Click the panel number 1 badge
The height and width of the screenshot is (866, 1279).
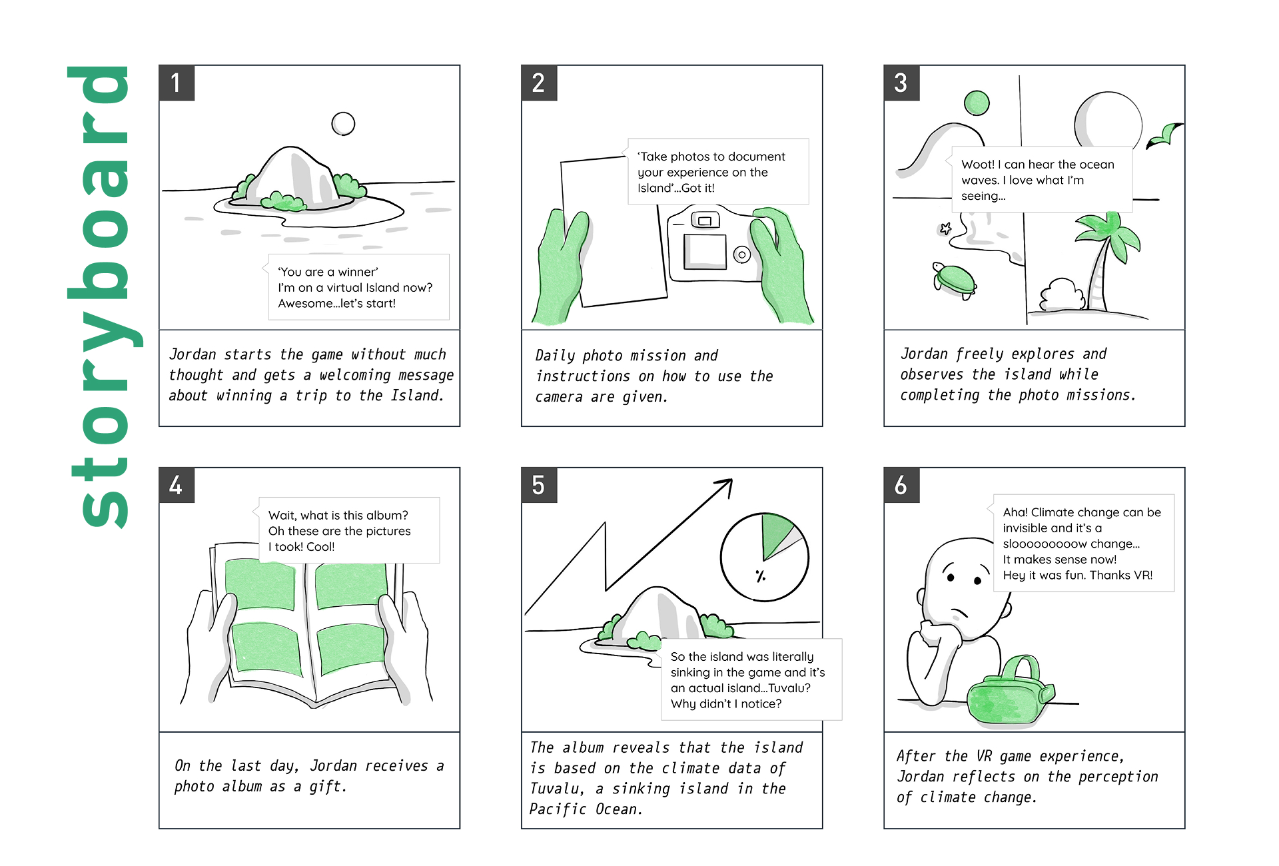pos(177,83)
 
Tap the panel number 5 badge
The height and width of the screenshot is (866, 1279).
pos(539,485)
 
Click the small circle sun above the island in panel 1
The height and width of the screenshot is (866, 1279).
pos(343,123)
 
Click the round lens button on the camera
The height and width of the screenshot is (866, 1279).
pos(741,254)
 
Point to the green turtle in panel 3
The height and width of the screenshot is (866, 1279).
pos(954,280)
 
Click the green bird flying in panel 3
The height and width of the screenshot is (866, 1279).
pos(1164,135)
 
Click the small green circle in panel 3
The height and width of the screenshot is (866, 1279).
pos(977,103)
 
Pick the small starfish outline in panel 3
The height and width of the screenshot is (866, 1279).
pos(945,229)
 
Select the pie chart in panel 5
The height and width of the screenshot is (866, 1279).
pos(764,556)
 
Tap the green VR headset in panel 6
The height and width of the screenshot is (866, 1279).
pos(1009,693)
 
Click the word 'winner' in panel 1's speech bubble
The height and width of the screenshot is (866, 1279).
pos(358,272)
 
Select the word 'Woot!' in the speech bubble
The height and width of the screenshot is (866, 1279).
pos(978,165)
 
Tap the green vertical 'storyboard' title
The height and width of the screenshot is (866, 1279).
pos(105,296)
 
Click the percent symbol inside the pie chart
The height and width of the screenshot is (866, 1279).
pos(760,576)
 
